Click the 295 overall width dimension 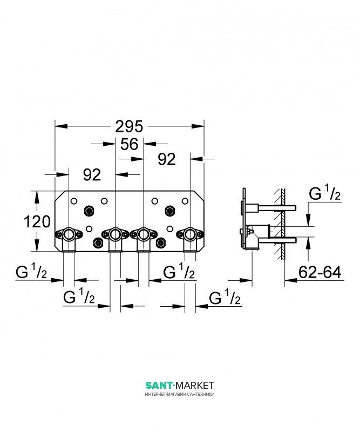pos(129,127)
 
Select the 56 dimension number pos(129,144)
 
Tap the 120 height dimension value pos(37,222)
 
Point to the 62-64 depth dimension pos(320,272)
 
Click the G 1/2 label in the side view pos(325,193)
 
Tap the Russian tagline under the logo pos(180,394)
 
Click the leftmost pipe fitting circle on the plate pos(69,234)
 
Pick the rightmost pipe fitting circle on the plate pos(190,234)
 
